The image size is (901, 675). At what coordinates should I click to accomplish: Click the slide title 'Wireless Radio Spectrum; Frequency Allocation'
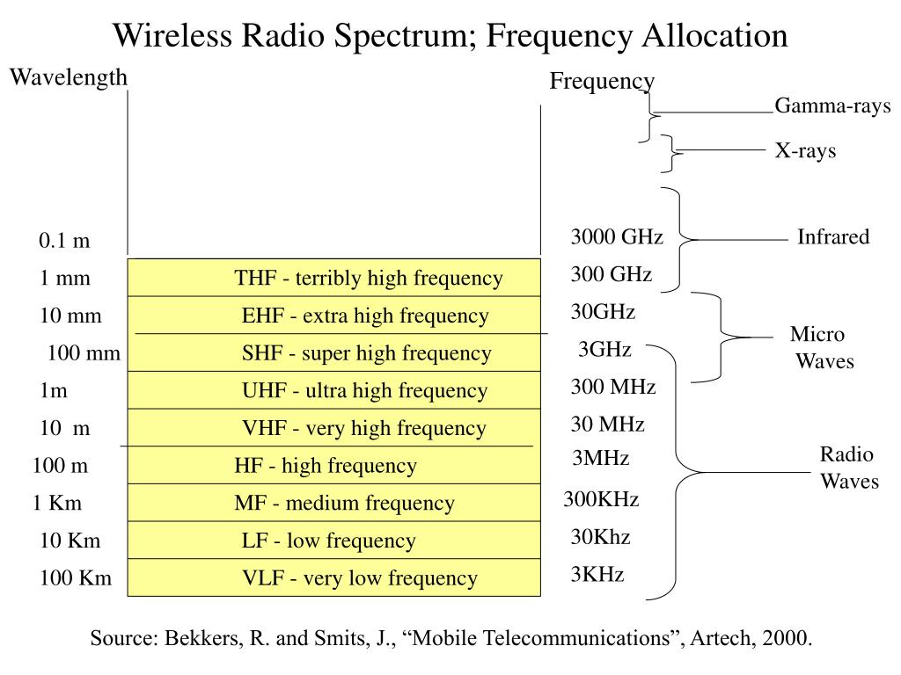click(x=450, y=36)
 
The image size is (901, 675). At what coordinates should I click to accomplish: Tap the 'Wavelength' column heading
click(x=69, y=78)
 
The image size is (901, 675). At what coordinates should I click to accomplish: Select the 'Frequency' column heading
click(x=602, y=82)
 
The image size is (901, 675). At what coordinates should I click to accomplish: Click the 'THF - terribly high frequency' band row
click(x=368, y=279)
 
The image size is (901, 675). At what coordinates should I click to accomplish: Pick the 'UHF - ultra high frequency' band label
click(x=364, y=391)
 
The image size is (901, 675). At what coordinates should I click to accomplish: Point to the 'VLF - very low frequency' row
click(x=360, y=578)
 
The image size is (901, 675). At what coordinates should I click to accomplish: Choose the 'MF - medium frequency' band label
click(x=344, y=504)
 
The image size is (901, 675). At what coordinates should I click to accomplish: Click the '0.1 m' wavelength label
click(x=64, y=241)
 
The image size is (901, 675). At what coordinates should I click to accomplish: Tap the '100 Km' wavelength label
click(x=76, y=578)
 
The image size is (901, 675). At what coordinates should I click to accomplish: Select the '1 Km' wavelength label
click(x=57, y=504)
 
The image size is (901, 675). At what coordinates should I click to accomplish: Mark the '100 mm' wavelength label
click(x=84, y=353)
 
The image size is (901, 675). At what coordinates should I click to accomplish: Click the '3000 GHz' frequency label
click(x=617, y=237)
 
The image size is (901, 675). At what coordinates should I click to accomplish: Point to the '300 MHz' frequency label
click(x=613, y=387)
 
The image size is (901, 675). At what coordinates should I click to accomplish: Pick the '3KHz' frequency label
click(x=597, y=575)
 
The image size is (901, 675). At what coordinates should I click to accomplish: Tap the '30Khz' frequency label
click(x=601, y=537)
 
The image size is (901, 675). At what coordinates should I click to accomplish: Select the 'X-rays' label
click(x=805, y=151)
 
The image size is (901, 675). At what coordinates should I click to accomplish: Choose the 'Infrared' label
click(x=833, y=237)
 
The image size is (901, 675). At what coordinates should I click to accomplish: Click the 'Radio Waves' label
click(x=849, y=468)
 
